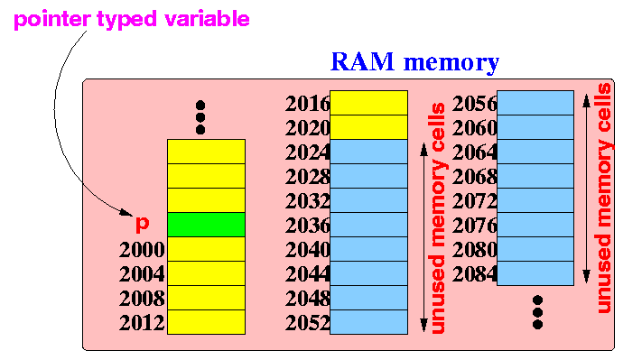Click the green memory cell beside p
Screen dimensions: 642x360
[x=207, y=225]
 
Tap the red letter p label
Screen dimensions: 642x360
[x=142, y=224]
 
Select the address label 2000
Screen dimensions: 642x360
[x=142, y=250]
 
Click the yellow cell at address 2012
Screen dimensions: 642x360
[x=207, y=322]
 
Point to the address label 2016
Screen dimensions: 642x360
[x=308, y=104]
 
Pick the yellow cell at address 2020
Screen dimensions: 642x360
[x=369, y=127]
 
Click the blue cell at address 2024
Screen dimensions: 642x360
[x=369, y=152]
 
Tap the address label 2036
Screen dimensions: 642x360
[x=308, y=226]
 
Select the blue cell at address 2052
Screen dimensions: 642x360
[x=369, y=322]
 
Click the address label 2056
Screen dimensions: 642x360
[x=475, y=104]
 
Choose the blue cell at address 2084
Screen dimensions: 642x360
[x=535, y=273]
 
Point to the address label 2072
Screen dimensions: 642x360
[x=475, y=201]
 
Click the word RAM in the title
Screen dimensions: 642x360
[x=362, y=61]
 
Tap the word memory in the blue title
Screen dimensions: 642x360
[x=451, y=64]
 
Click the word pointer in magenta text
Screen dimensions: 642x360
[x=52, y=18]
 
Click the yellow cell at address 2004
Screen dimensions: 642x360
[x=207, y=273]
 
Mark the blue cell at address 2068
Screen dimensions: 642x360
[x=535, y=176]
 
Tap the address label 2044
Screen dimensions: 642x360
[x=308, y=274]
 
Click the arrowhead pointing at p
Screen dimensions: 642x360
[x=127, y=213]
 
